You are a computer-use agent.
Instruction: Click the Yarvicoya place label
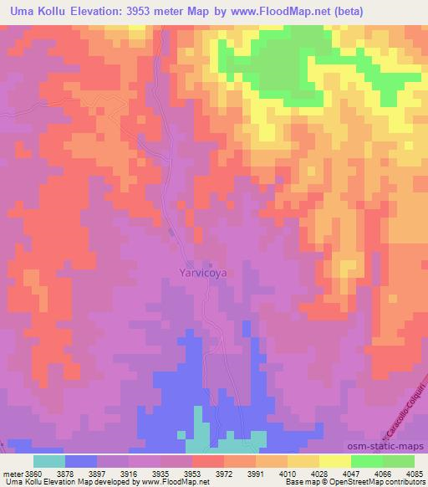coord(203,273)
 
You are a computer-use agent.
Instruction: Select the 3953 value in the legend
coord(192,473)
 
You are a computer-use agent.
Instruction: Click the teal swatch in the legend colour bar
coord(48,461)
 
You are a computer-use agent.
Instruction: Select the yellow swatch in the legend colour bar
coord(335,461)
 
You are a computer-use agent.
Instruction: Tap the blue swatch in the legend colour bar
coord(80,461)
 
